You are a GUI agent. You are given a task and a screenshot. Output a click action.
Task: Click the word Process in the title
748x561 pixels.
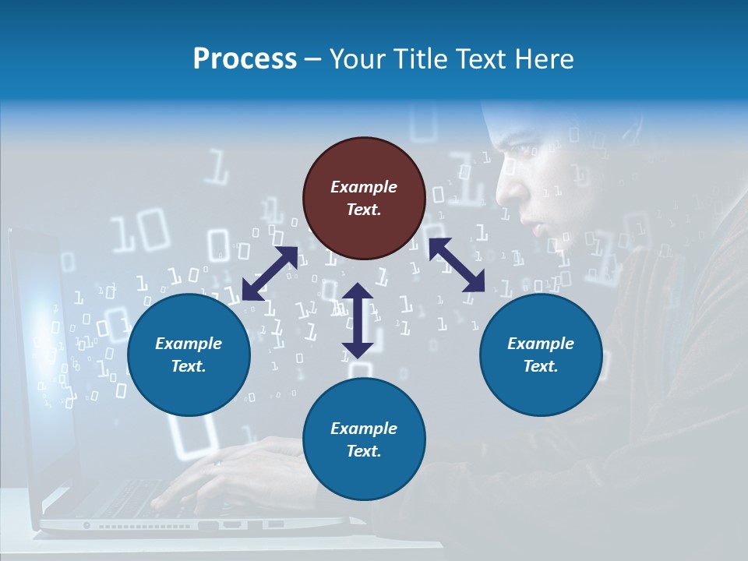pyautogui.click(x=245, y=59)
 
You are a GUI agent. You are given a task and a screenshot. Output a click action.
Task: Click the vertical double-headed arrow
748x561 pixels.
pyautogui.click(x=358, y=320)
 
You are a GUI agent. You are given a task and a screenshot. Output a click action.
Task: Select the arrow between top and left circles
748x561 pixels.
pyautogui.click(x=270, y=273)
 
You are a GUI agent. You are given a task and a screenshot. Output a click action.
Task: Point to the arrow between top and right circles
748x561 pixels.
pyautogui.click(x=457, y=265)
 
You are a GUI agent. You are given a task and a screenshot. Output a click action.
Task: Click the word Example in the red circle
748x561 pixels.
pyautogui.click(x=364, y=187)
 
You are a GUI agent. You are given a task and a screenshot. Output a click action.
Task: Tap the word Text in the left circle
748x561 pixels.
pyautogui.click(x=189, y=366)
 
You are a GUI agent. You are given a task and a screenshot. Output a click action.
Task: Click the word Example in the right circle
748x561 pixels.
pyautogui.click(x=541, y=344)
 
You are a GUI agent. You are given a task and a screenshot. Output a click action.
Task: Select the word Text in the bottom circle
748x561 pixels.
pyautogui.click(x=364, y=451)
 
